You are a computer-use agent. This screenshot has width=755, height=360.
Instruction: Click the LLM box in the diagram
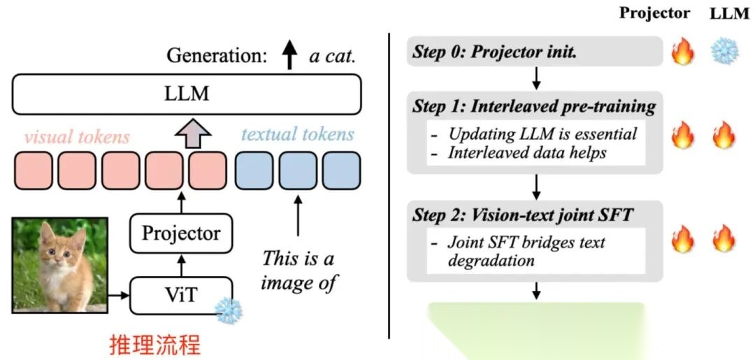pos(187,94)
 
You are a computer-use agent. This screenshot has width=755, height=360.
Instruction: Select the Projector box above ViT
pos(181,233)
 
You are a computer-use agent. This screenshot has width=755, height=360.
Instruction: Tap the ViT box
pos(181,296)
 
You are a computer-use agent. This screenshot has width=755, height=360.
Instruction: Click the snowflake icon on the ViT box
pos(228,310)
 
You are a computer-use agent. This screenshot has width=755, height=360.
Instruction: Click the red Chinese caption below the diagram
pos(154,345)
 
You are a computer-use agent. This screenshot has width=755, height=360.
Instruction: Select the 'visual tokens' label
pos(77,136)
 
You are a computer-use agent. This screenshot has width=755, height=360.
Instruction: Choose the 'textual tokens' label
pos(298,135)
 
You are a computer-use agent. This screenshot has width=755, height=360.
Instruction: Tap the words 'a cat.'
pos(333,57)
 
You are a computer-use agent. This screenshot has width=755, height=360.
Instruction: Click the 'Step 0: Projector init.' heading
pos(495,52)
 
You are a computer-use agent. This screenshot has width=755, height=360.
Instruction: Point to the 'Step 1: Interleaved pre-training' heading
pos(533,107)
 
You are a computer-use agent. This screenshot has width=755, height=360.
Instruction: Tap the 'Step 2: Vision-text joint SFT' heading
pos(522,215)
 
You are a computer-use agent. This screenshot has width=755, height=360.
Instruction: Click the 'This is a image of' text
pos(299,271)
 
